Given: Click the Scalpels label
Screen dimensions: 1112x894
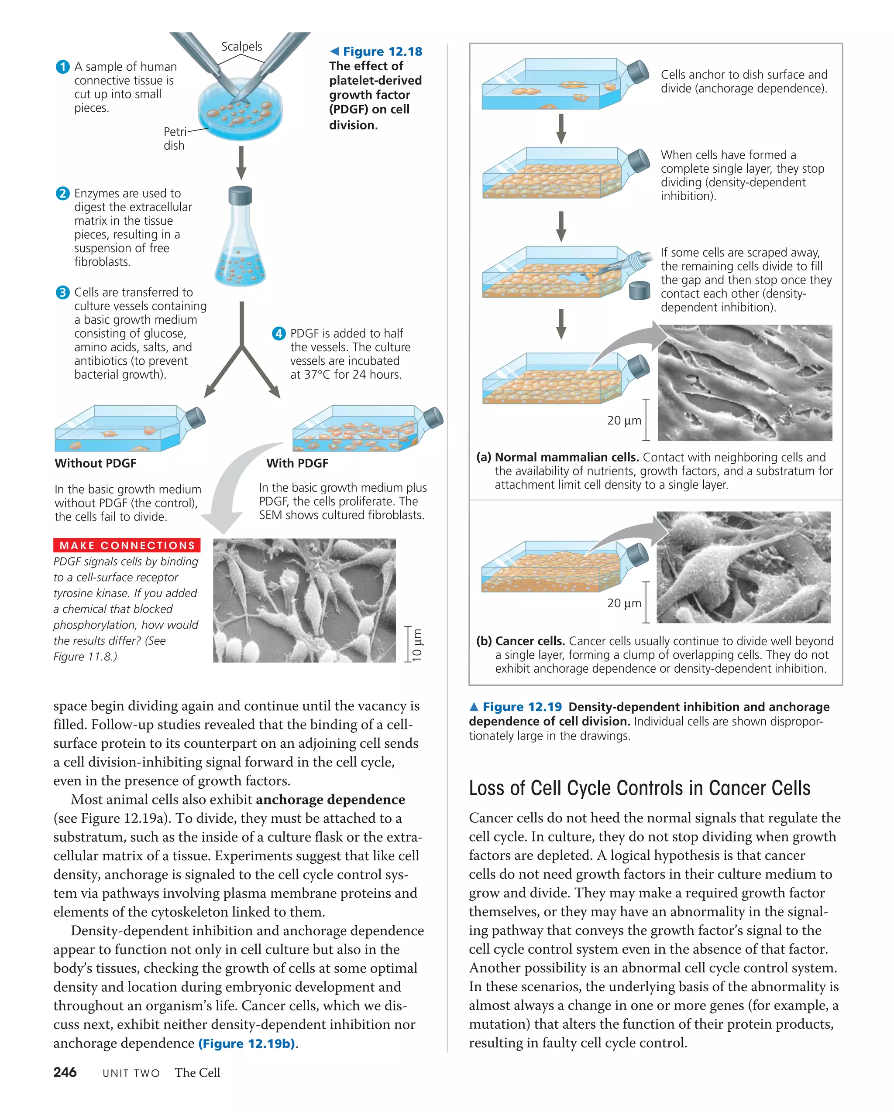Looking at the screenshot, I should [241, 46].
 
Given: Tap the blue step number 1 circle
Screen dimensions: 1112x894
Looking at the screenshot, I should [62, 67].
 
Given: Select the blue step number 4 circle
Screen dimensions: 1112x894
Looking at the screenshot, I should [279, 333].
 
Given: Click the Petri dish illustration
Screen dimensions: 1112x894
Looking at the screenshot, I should [241, 113].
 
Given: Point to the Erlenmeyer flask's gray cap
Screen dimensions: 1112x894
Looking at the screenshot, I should [240, 195].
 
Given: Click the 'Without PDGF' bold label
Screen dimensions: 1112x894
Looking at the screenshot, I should [96, 463].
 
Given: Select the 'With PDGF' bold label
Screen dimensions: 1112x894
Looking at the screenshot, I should [297, 463].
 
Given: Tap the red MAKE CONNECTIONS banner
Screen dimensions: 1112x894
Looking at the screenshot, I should [127, 545].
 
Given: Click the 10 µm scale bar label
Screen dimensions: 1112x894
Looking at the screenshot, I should [417, 644].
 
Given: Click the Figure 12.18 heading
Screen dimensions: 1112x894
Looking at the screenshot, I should [382, 51].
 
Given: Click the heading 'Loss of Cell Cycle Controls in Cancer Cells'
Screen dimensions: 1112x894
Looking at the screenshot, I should [639, 789].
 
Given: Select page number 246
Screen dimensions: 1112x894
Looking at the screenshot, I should [65, 1072].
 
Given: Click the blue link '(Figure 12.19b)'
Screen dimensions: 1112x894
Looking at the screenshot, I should [247, 1044].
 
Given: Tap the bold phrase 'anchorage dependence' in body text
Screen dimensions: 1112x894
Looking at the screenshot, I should [330, 800].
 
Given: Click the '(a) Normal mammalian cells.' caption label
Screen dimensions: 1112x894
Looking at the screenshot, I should [557, 457].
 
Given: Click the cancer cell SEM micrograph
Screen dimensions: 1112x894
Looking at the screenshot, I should [743, 568].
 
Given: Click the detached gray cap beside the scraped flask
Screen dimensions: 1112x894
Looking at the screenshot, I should [640, 291].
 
